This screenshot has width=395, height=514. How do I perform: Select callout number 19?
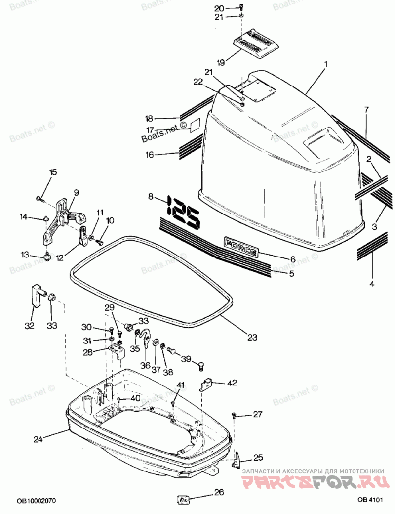click(x=221, y=62)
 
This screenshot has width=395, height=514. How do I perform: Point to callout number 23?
click(x=252, y=338)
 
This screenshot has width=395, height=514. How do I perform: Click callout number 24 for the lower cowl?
click(x=39, y=438)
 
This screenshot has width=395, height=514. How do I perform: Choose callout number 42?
click(x=232, y=383)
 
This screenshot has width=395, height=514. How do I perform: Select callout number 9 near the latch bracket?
click(x=77, y=192)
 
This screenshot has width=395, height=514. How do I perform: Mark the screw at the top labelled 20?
click(x=241, y=7)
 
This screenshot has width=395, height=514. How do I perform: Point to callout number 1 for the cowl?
click(x=326, y=64)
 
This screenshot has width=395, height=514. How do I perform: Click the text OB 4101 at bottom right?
click(x=370, y=500)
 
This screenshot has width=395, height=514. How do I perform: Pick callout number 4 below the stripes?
click(x=372, y=284)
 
